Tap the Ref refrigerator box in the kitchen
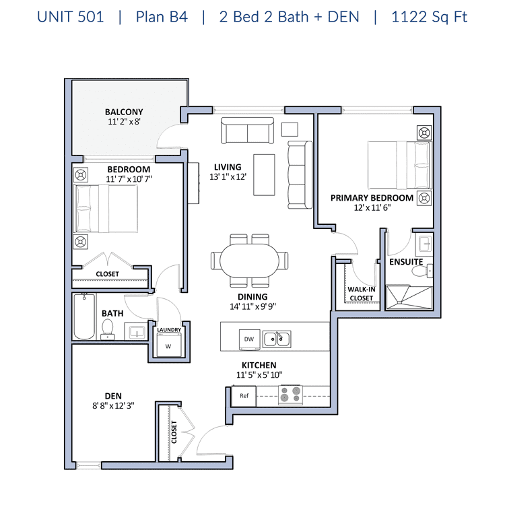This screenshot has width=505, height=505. coord(244,395)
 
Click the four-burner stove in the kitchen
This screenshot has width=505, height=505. coord(290,395)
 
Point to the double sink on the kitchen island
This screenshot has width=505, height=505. coord(277,339)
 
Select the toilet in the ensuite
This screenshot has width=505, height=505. coord(419,271)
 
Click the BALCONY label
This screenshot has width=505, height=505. coord(124,112)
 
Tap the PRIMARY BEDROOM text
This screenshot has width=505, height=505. coord(372,198)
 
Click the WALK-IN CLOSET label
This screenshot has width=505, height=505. coord(361,294)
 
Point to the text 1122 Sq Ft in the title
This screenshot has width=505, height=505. coord(429,17)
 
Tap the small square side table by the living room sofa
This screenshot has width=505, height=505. coord(290,129)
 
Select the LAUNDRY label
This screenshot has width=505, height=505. coord(169,329)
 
